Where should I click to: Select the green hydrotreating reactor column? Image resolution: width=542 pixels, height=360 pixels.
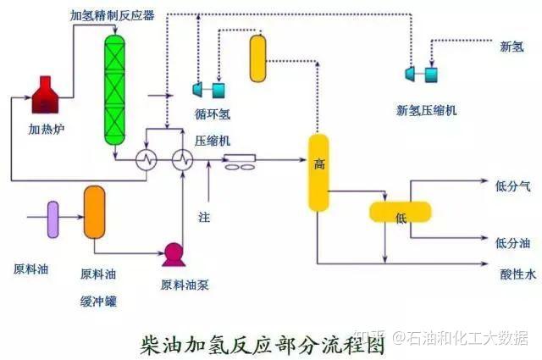coord(115,90)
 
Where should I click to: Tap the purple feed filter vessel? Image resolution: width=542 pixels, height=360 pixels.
coord(53,219)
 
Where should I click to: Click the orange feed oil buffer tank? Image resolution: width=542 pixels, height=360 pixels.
coord(94,212)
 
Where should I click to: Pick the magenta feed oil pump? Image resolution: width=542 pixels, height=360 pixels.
coord(174,255)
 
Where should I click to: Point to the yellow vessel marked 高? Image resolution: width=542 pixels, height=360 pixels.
coord(318,173)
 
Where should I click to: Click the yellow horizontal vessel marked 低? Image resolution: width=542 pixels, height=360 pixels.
coord(401,212)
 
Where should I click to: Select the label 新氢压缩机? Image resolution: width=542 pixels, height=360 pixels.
coord(426,111)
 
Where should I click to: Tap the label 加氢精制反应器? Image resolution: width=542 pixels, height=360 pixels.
coord(113,15)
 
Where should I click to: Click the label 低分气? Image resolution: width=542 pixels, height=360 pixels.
coord(513,186)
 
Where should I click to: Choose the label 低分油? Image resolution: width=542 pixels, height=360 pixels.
coord(513,243)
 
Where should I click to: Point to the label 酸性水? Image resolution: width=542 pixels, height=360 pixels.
coord(517,274)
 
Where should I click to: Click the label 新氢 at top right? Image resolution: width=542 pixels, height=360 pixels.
coord(512,47)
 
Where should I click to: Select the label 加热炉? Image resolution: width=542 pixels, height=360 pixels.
coord(47,130)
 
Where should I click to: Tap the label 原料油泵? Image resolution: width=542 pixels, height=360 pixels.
coord(185,285)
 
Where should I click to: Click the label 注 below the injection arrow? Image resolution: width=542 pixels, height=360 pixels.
coord(204,217)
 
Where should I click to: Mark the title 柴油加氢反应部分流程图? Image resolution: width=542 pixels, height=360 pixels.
coord(263,344)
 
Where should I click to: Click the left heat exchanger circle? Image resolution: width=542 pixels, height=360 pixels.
coord(146,160)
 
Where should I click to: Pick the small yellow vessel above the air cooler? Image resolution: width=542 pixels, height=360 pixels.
coord(257,58)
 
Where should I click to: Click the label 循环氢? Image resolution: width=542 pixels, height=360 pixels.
coord(213,114)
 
